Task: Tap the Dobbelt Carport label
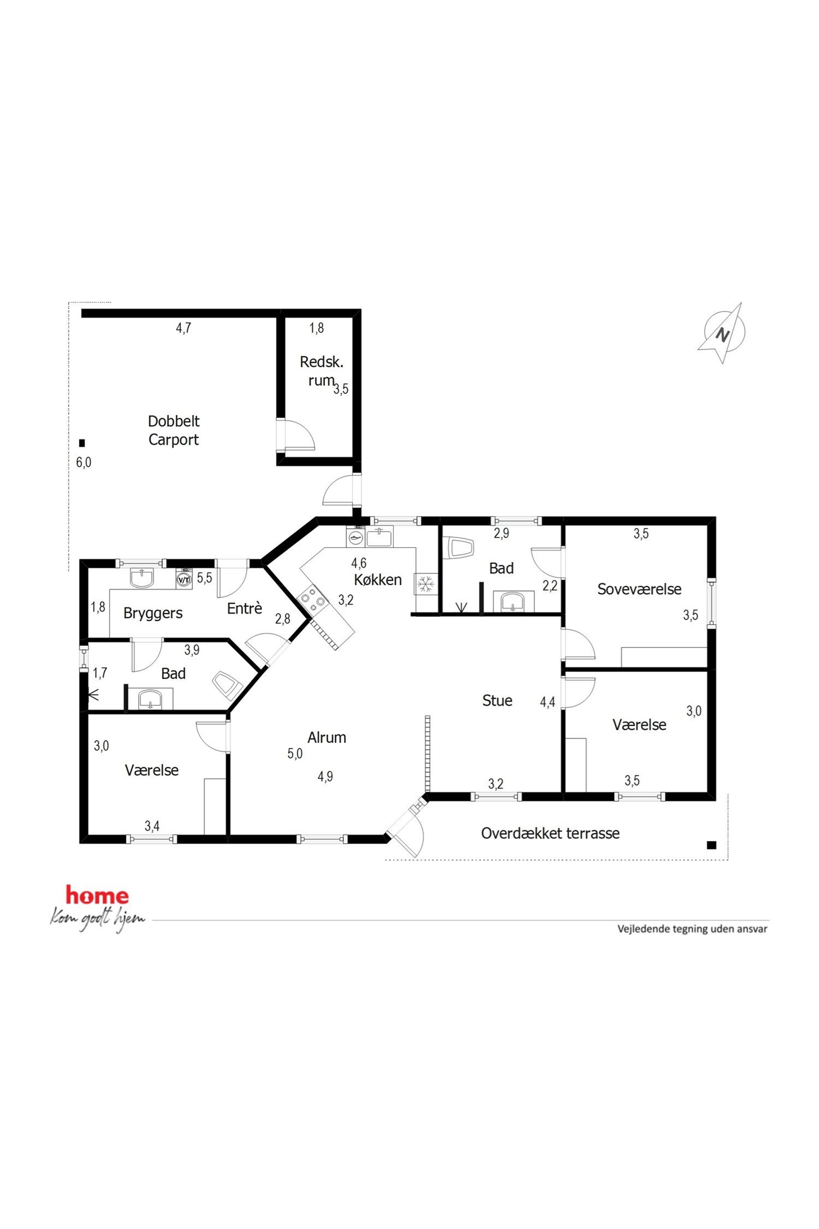coord(173,430)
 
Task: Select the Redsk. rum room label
coord(321,371)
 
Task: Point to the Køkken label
coord(378,579)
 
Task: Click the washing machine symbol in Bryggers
coord(184,579)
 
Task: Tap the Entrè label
coord(244,608)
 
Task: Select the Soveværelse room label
coord(639,589)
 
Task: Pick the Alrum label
coord(327,737)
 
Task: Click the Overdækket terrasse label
coord(550,833)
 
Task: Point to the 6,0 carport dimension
coord(83,462)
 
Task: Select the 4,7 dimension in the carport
coord(183,327)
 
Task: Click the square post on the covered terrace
coord(711,845)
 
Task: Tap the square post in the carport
coord(82,443)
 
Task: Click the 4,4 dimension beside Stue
coord(547,702)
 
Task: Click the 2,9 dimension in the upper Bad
coord(502,533)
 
